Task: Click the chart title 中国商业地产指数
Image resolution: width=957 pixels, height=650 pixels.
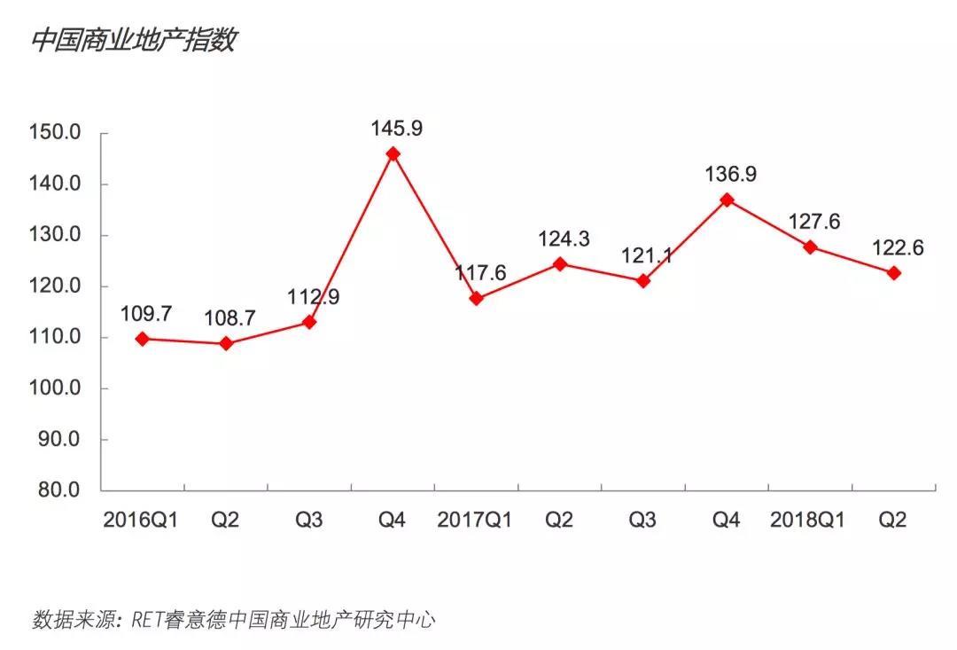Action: point(134,41)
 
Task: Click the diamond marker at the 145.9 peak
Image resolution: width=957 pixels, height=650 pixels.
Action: point(393,153)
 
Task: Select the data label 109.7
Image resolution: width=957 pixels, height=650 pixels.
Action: point(147,313)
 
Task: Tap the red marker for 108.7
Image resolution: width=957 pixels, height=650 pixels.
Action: point(226,343)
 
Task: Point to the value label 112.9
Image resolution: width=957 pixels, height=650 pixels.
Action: point(313,297)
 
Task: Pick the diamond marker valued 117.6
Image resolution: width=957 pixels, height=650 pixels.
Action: point(476,299)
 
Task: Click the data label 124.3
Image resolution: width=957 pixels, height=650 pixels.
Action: point(564,239)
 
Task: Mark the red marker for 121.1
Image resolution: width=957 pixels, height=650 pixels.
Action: point(643,281)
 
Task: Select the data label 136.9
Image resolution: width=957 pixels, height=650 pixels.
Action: point(731,175)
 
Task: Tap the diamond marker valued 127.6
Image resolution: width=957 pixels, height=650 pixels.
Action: point(810,247)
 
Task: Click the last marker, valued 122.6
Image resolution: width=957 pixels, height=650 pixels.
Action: point(894,273)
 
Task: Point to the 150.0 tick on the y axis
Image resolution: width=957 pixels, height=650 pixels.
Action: point(55,133)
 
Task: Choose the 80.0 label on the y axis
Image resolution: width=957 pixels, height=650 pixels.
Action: point(59,490)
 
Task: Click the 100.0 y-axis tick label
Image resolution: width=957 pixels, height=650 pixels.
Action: point(55,388)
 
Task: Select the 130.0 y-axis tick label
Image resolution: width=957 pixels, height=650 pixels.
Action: point(55,235)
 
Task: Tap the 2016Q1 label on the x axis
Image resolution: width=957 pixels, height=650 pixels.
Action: point(141,520)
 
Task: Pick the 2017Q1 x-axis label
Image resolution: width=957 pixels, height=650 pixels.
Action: point(475,520)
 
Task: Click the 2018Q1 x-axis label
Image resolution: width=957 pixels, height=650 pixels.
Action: point(807,520)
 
